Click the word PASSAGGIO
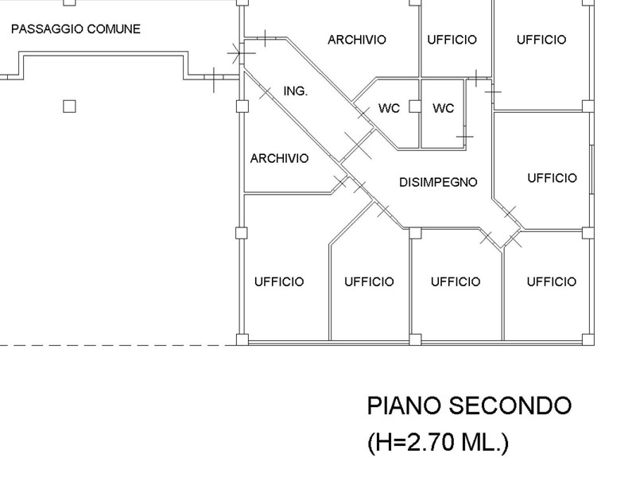pyautogui.click(x=45, y=29)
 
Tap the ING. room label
pyautogui.click(x=295, y=91)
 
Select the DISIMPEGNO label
pyautogui.click(x=438, y=182)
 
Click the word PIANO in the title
pyautogui.click(x=402, y=405)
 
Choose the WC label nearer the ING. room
pyautogui.click(x=389, y=108)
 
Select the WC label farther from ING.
pyautogui.click(x=443, y=108)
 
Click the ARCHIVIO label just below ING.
pyautogui.click(x=279, y=158)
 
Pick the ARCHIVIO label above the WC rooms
pyautogui.click(x=357, y=39)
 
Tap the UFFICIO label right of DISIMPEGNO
pyautogui.click(x=552, y=178)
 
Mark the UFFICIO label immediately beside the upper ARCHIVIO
pyautogui.click(x=452, y=39)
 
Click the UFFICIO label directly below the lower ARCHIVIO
pyautogui.click(x=279, y=281)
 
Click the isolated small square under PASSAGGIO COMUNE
pyautogui.click(x=70, y=106)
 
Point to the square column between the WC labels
pyautogui.click(x=415, y=107)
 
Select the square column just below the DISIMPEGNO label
pyautogui.click(x=414, y=232)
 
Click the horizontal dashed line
pyautogui.click(x=119, y=345)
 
